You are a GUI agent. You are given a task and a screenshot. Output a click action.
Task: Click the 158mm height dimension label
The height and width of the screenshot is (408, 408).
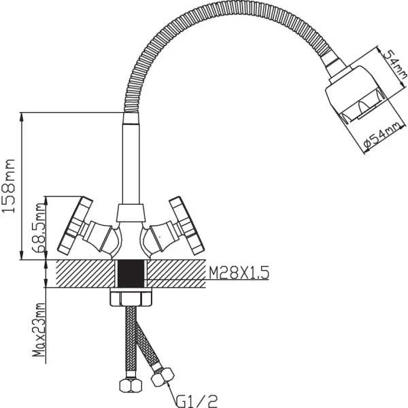pyautogui.click(x=8, y=186)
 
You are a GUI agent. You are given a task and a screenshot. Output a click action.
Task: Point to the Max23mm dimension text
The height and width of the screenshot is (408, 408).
pyautogui.click(x=39, y=330)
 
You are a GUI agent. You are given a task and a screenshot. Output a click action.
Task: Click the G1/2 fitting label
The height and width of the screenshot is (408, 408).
pyautogui.click(x=197, y=401)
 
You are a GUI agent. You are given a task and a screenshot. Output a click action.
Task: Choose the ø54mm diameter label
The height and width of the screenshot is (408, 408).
pyautogui.click(x=382, y=137)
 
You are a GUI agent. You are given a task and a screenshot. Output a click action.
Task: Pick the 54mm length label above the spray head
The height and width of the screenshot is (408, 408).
pyautogui.click(x=395, y=65)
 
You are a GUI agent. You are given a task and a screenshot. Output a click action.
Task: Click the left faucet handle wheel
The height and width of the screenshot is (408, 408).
pyautogui.click(x=75, y=225)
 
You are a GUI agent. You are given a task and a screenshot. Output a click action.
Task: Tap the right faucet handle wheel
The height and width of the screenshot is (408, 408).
pyautogui.click(x=186, y=225)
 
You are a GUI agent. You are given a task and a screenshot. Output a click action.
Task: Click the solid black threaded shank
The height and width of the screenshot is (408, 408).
pyautogui.click(x=131, y=273)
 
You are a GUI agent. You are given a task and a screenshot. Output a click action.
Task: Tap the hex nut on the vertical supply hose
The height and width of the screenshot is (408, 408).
pyautogui.click(x=131, y=386)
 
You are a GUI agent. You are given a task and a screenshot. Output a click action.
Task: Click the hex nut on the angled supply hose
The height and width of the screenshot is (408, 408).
pyautogui.click(x=163, y=377)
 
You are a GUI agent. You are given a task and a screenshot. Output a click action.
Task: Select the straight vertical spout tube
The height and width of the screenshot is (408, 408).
pyautogui.click(x=131, y=158)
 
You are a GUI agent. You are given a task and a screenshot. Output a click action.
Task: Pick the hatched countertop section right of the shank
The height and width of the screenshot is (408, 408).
pyautogui.click(x=176, y=273)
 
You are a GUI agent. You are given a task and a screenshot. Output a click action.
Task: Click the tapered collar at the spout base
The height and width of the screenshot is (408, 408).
pyautogui.click(x=131, y=213)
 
